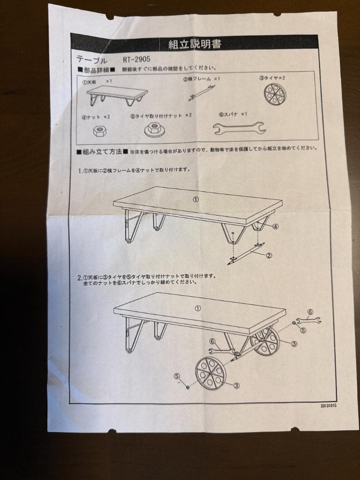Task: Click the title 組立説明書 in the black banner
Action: point(195,44)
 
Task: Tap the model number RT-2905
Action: point(138,59)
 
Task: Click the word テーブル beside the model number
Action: point(92,60)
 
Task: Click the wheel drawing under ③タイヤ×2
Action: point(274,94)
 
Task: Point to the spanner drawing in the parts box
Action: point(239,128)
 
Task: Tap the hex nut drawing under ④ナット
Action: point(99,131)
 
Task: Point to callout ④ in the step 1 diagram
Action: point(275,226)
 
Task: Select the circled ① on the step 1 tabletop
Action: point(195,199)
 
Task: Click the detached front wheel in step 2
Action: point(211,372)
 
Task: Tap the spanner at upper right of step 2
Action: point(308,320)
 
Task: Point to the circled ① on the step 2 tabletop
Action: point(198,308)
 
